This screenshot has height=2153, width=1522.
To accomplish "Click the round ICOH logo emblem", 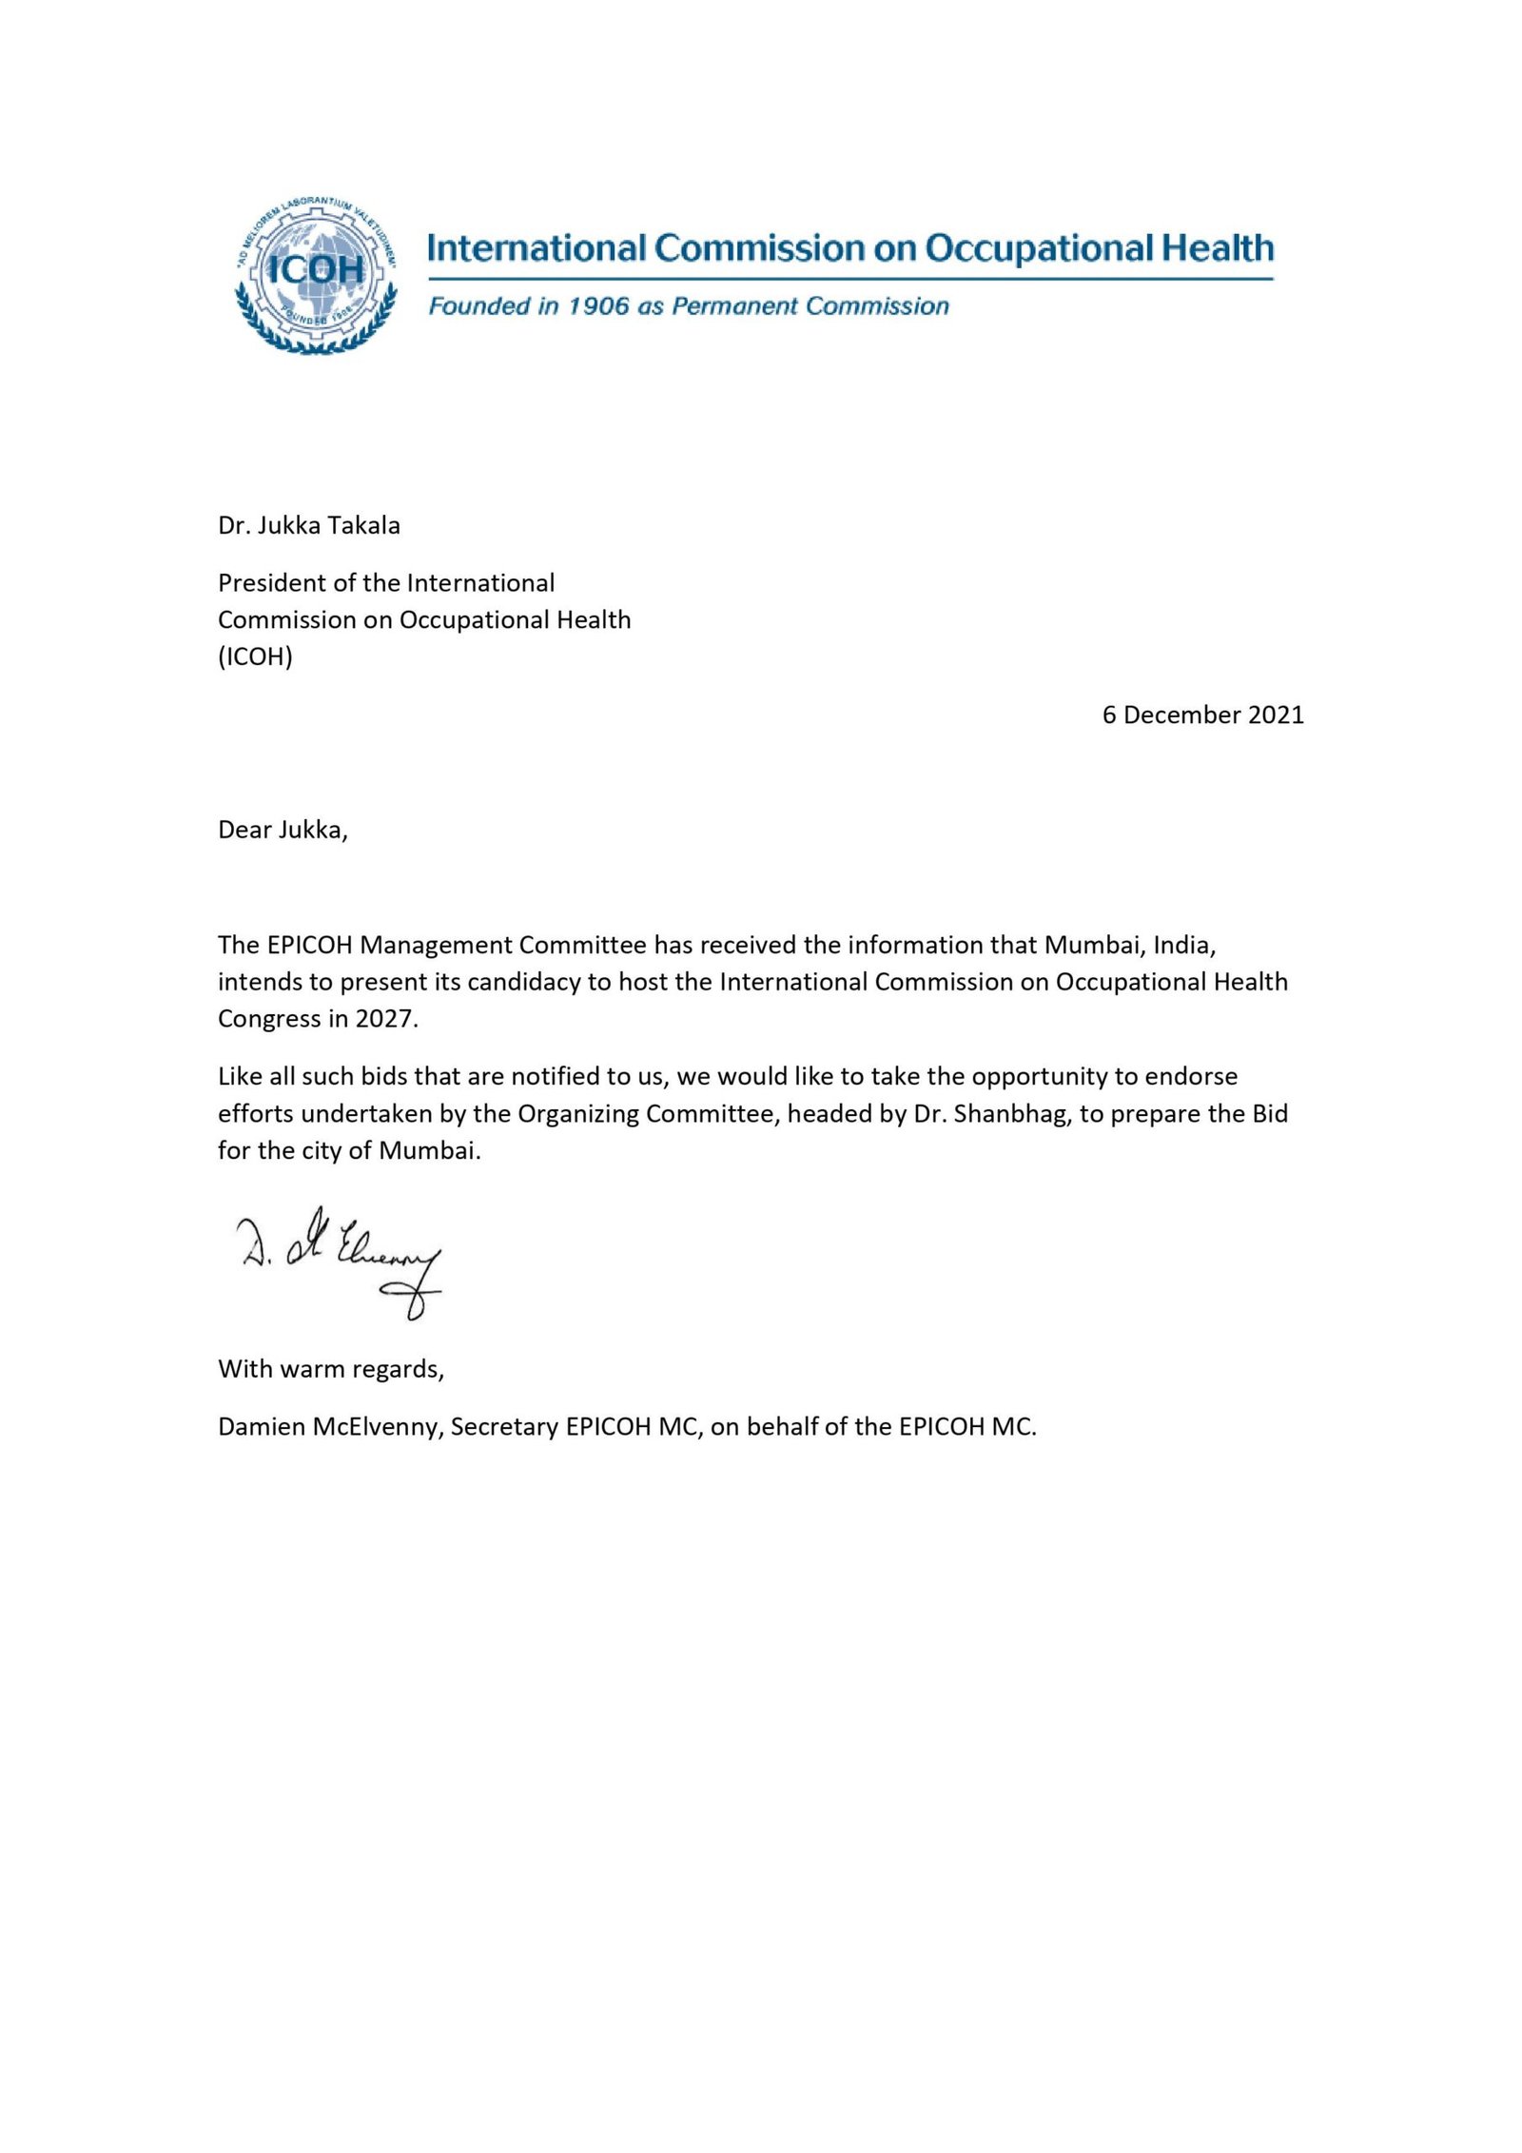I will click(315, 275).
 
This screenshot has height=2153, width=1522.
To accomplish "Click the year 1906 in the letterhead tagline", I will click(598, 305).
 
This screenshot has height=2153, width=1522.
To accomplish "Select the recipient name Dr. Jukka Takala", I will click(308, 525).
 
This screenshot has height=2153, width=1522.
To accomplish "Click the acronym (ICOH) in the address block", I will click(255, 656).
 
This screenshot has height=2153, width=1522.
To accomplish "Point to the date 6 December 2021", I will click(1202, 714).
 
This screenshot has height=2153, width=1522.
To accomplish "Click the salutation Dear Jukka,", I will click(283, 830).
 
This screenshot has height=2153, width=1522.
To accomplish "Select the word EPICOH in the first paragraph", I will click(310, 945).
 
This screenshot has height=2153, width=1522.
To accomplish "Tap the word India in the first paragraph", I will click(1184, 945).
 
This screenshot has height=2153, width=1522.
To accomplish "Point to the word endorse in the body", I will click(1191, 1076).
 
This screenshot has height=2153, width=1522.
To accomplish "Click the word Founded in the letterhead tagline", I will click(466, 305).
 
